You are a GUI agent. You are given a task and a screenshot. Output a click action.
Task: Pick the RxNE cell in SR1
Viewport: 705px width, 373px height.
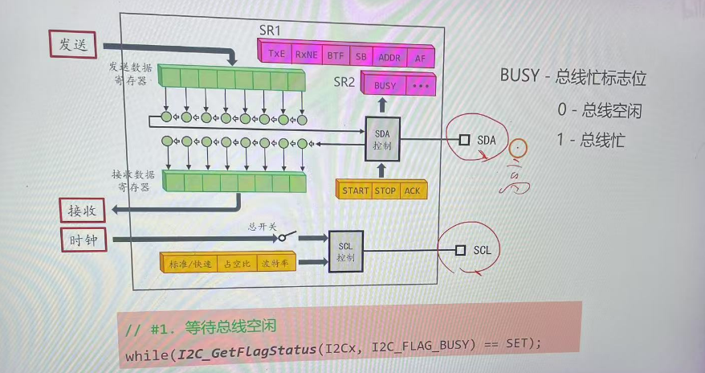point(306,55)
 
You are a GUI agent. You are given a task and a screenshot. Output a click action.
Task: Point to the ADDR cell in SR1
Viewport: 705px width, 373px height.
point(389,57)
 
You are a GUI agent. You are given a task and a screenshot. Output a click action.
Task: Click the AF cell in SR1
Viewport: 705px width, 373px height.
point(420,57)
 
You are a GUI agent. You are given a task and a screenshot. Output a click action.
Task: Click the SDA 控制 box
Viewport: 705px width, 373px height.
point(382,138)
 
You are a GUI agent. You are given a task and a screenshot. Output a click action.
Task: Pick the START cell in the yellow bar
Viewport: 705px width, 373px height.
point(355,191)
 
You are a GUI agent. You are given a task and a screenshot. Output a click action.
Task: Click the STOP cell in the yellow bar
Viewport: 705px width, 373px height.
point(385,191)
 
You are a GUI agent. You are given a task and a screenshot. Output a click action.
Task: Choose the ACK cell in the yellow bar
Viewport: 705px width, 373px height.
point(412,191)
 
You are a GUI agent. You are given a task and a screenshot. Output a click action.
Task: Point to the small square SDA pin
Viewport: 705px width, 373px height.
point(464,140)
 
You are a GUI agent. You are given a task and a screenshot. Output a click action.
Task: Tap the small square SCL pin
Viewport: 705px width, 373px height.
point(460,250)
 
